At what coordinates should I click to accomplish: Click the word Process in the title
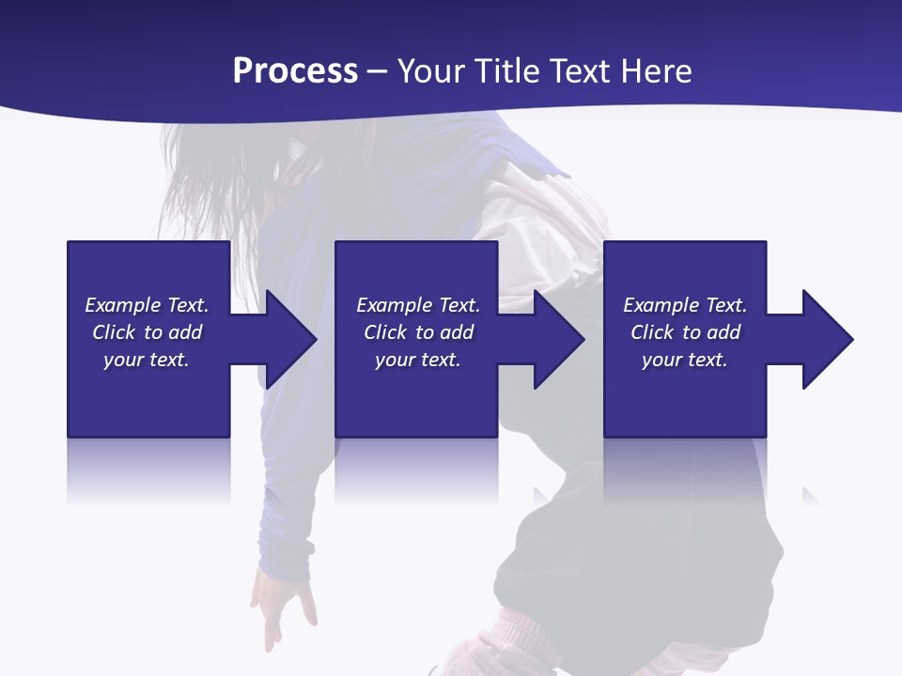coord(295,71)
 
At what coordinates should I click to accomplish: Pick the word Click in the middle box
coord(385,332)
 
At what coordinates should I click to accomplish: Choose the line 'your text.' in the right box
coord(684,360)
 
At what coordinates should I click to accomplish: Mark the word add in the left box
coord(186,332)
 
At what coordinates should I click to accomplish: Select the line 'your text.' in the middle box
coord(417,360)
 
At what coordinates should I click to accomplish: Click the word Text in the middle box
coord(459,305)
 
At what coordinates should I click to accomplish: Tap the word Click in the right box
coord(652,332)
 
